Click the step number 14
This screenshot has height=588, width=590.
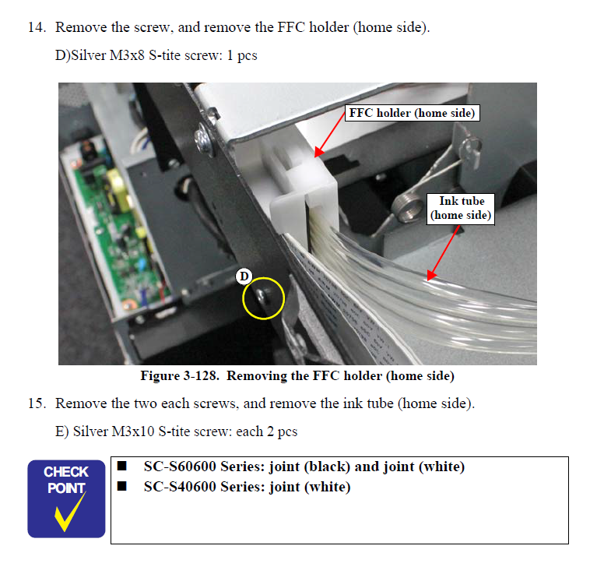click(36, 28)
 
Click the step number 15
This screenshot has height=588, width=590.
click(36, 403)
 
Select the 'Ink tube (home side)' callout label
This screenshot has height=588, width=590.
click(462, 208)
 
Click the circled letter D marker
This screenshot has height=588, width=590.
click(244, 276)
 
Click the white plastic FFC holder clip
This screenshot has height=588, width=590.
click(303, 199)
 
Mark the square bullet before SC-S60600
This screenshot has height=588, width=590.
click(122, 467)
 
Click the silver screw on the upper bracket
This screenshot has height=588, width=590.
click(204, 137)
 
